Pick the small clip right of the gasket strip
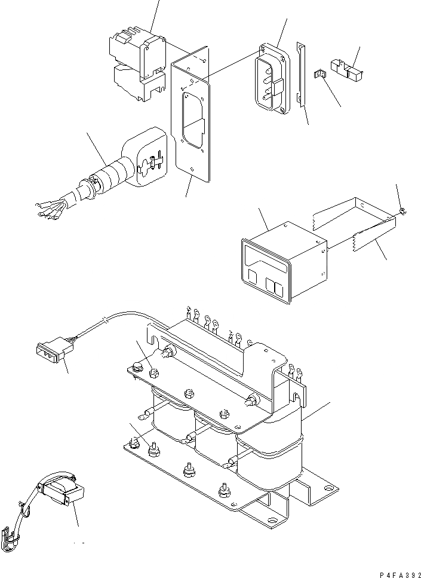(x=320, y=75)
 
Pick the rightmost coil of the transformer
(x=269, y=460)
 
